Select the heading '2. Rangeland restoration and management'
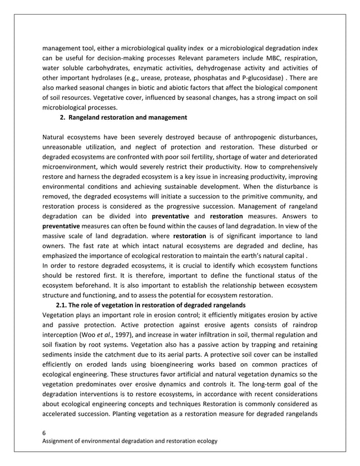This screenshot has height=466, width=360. [124, 117]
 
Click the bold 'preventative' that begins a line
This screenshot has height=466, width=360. [61, 226]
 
